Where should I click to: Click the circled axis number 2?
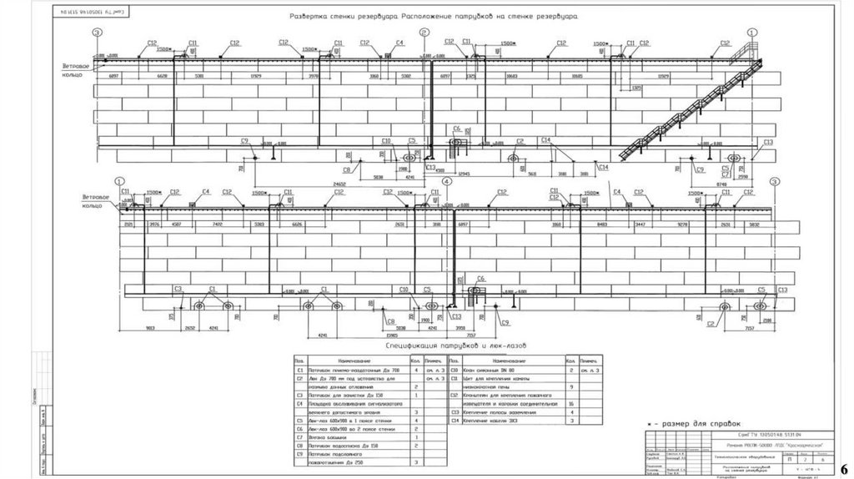coord(424,32)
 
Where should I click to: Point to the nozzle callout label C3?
coord(178,289)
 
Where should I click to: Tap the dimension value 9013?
coord(151,328)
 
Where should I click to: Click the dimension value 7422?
coord(218,224)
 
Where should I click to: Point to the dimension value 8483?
coord(601,224)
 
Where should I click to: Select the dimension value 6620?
coord(163,76)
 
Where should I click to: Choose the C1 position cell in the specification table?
coord(300,368)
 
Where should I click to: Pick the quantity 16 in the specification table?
coord(570,403)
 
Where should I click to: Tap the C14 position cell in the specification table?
coord(455,421)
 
